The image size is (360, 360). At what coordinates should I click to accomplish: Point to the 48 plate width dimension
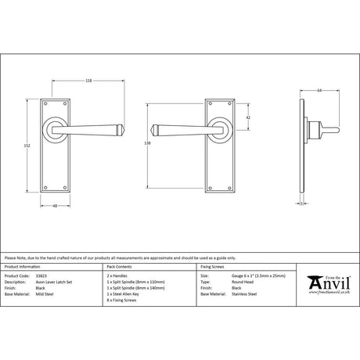pos(56,207)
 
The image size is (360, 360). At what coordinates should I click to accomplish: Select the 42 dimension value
pos(248,117)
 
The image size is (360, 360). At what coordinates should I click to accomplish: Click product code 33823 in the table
pos(41,275)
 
